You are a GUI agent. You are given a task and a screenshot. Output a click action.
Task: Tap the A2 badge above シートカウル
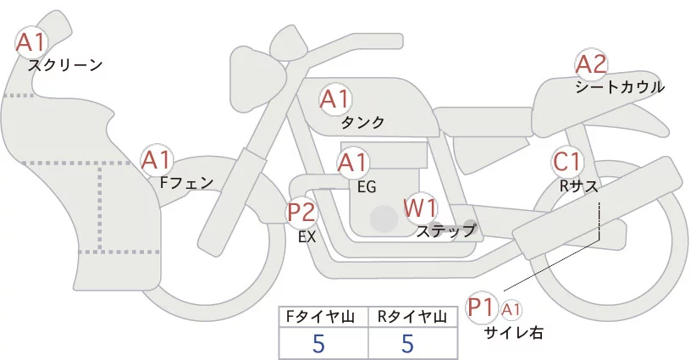pos(591,64)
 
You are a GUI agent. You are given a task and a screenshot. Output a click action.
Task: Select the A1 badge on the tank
pos(334,99)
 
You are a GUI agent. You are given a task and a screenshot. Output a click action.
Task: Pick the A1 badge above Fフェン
pos(157,159)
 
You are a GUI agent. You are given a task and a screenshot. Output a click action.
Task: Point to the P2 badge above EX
pos(301,211)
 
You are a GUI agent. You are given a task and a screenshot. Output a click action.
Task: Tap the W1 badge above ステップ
pos(420,207)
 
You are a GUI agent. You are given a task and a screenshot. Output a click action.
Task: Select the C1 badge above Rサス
pos(566,161)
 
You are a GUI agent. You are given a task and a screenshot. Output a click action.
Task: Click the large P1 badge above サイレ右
pos(483,306)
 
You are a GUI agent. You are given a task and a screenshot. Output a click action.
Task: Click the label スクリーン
pos(65,64)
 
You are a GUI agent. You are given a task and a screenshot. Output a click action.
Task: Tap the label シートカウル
pos(620,86)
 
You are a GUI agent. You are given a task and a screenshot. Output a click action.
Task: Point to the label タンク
pos(362,123)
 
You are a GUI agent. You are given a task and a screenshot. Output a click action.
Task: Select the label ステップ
pos(445,230)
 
